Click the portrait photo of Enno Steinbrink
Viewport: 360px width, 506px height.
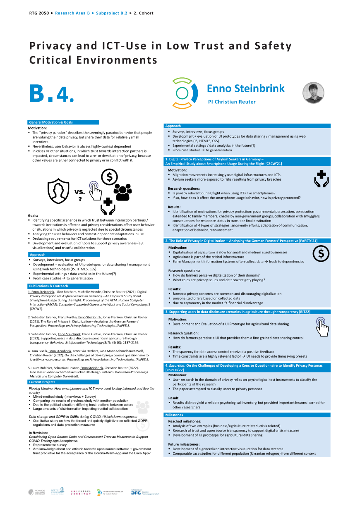(x=313, y=93)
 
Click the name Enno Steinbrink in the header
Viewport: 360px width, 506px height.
(x=246, y=88)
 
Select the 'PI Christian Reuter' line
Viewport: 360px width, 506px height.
(x=232, y=102)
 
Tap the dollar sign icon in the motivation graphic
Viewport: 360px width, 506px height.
(x=109, y=177)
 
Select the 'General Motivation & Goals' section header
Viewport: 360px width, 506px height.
(x=51, y=122)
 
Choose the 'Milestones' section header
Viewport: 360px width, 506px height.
(x=174, y=415)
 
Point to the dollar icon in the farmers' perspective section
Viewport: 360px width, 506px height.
(x=321, y=254)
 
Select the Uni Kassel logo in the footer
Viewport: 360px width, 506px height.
(x=79, y=492)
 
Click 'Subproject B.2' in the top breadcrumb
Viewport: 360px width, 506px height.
(x=112, y=13)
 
